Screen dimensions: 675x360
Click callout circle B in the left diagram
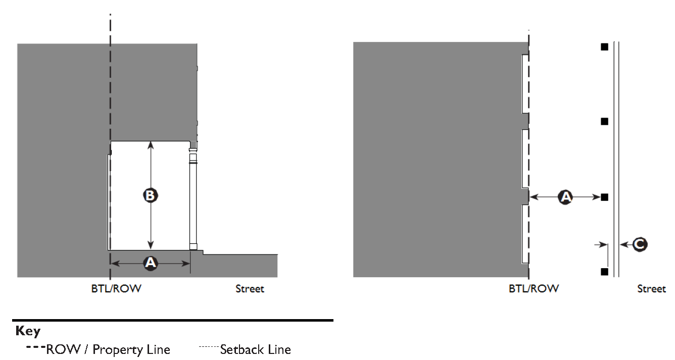pyautogui.click(x=150, y=195)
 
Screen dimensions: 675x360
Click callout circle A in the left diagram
pyautogui.click(x=150, y=263)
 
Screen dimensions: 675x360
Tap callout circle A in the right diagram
pyautogui.click(x=565, y=197)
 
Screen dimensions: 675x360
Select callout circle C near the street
pyautogui.click(x=640, y=244)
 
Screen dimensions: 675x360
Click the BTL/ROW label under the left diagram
pyautogui.click(x=116, y=289)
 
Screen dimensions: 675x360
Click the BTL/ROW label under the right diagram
pyautogui.click(x=534, y=289)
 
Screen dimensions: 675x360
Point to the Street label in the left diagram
pyautogui.click(x=250, y=289)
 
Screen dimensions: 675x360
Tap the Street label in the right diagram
pyautogui.click(x=651, y=289)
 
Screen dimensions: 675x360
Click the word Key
pyautogui.click(x=28, y=331)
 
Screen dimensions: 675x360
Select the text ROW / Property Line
pyautogui.click(x=108, y=349)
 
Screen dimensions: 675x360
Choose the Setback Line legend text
pyautogui.click(x=256, y=349)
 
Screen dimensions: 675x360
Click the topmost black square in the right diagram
pyautogui.click(x=604, y=47)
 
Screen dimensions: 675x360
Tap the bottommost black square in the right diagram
pyautogui.click(x=604, y=272)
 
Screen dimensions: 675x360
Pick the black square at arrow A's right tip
pyautogui.click(x=604, y=197)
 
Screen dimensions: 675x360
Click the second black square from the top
pyautogui.click(x=604, y=122)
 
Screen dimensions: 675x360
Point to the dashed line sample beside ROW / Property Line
pyautogui.click(x=35, y=347)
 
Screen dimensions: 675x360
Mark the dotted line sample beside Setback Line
pyautogui.click(x=209, y=347)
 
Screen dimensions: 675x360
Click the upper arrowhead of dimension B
pyautogui.click(x=150, y=145)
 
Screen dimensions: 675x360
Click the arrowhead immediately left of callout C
pyautogui.click(x=623, y=244)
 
